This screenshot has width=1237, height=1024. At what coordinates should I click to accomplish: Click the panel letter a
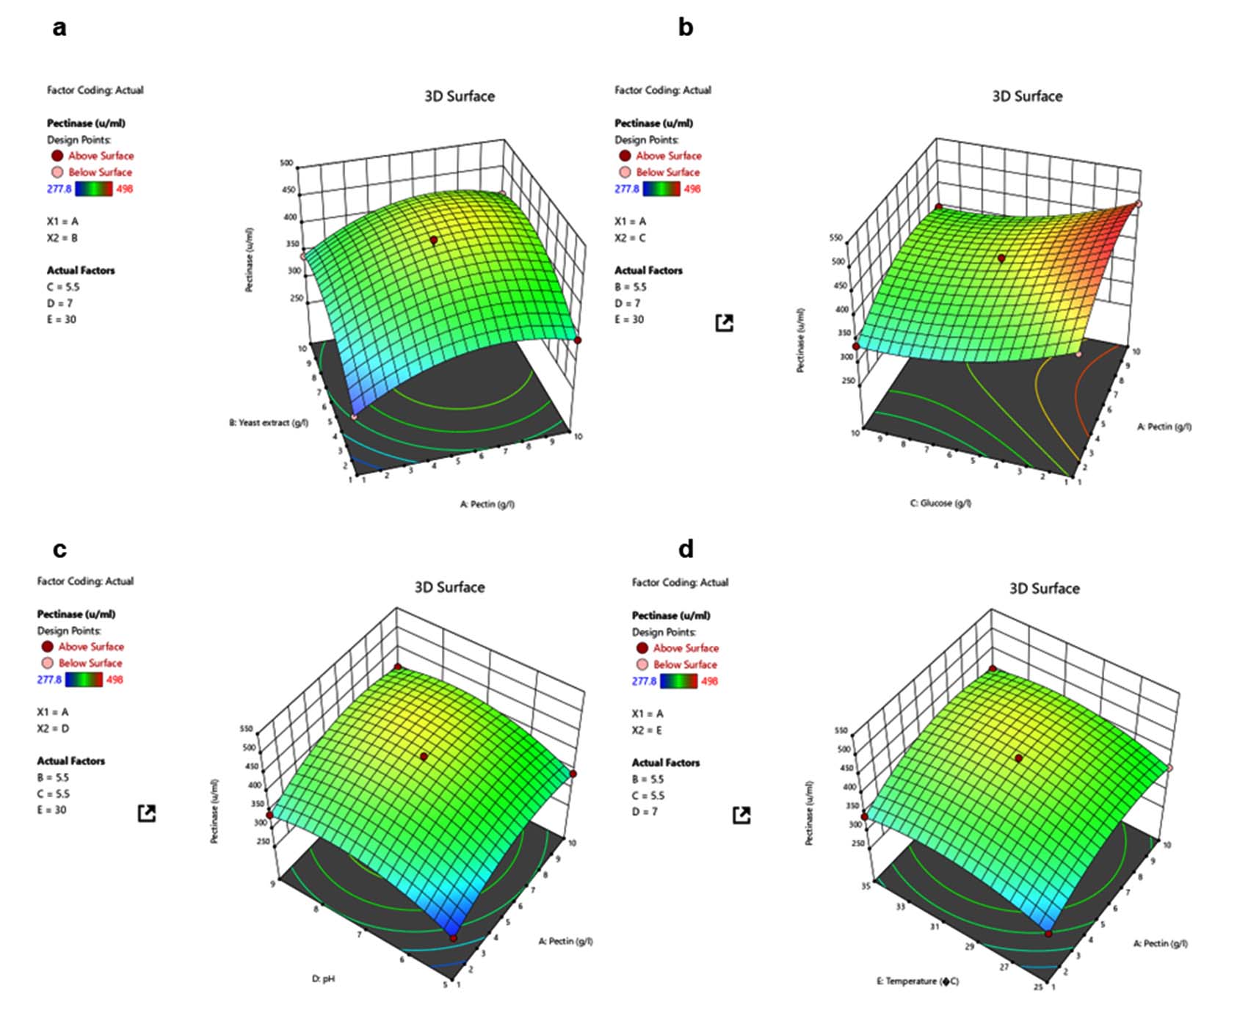[59, 28]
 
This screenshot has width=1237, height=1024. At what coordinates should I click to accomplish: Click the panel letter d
[686, 549]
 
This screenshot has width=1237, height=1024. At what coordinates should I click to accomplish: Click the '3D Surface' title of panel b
[1026, 96]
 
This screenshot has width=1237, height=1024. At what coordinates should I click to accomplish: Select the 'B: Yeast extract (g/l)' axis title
[269, 423]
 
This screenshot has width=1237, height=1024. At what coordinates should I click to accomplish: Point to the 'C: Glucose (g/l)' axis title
[940, 503]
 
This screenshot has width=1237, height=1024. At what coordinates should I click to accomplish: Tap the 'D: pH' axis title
[323, 978]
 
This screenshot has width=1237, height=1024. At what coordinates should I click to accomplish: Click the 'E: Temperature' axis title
[917, 981]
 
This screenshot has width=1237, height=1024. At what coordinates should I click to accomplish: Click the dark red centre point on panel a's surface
[434, 240]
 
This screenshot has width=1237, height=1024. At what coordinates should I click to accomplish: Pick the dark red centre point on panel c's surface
[424, 756]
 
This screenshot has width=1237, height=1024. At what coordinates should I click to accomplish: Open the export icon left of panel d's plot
[741, 814]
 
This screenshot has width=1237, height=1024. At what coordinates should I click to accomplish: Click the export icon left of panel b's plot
[724, 322]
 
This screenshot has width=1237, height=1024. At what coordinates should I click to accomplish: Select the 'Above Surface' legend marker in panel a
[57, 156]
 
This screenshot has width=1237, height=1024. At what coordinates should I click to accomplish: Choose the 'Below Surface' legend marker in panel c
[48, 663]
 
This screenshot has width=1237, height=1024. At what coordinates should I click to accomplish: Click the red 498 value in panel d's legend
[709, 681]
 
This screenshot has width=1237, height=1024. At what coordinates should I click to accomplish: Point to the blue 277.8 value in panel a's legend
[59, 189]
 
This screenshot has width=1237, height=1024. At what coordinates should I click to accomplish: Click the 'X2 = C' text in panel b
[630, 238]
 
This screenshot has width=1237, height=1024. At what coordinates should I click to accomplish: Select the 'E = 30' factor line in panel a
[62, 319]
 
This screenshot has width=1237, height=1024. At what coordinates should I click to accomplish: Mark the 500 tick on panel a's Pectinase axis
[286, 162]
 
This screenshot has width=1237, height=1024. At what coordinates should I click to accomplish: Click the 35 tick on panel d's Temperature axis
[866, 885]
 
